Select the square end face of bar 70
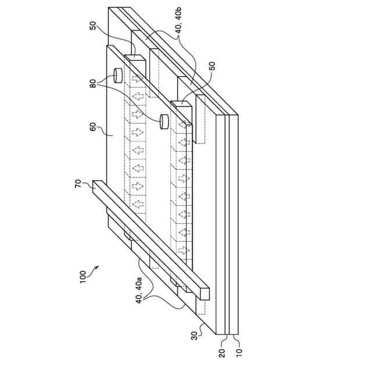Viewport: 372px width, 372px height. point(97,185)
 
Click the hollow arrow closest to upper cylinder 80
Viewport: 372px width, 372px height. point(138,80)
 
